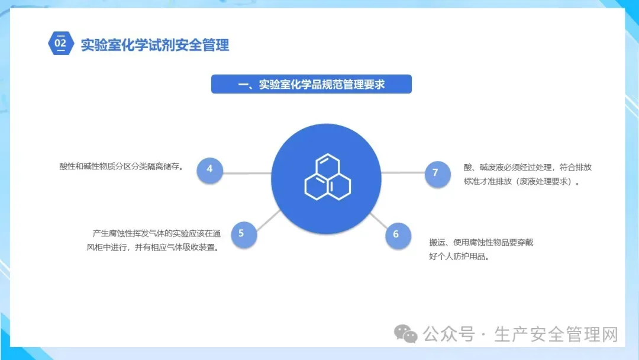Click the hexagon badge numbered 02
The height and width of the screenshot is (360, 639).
coord(60,43)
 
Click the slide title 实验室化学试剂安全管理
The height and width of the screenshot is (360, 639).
coord(155,44)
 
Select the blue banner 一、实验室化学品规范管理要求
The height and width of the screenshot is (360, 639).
coord(311,84)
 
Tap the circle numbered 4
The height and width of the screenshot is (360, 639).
coord(209,169)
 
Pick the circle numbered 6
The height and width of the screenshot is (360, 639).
coord(396,234)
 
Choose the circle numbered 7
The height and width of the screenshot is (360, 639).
coord(436,173)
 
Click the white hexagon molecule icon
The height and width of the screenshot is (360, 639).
coord(327,177)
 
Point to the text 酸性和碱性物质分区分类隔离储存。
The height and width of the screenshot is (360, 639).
coord(121,166)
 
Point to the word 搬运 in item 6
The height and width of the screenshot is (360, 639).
coord(438,242)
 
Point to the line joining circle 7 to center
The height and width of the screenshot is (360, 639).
coord(403,173)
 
